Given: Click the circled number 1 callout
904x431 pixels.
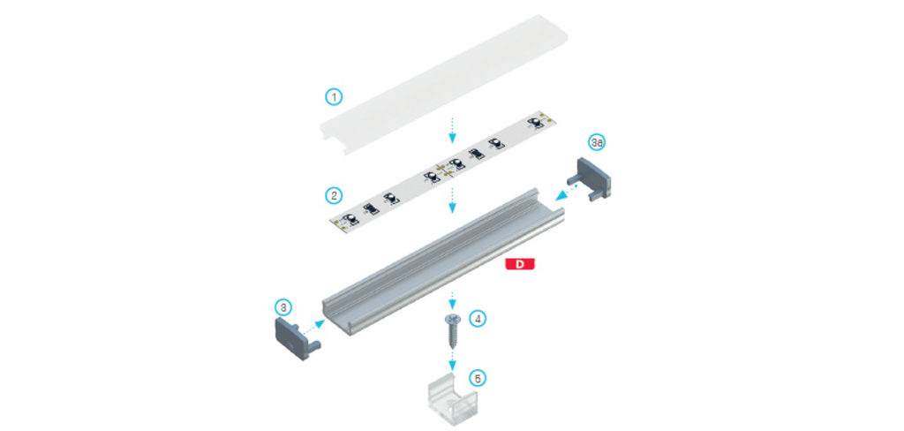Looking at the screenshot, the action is click(x=333, y=97).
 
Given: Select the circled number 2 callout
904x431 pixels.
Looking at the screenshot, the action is click(x=333, y=195).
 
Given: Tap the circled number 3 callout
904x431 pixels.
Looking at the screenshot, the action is click(x=282, y=307).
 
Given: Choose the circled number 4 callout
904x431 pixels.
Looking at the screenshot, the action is click(x=478, y=318).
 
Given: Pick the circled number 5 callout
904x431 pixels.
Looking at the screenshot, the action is click(x=478, y=378).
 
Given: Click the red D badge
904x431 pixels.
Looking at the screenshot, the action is click(x=520, y=264).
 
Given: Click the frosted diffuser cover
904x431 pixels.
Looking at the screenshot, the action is click(x=443, y=85).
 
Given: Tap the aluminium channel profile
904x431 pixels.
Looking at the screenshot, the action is click(x=443, y=261).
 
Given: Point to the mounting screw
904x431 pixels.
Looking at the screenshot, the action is click(x=452, y=332).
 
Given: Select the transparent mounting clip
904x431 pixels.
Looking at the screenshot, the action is click(x=453, y=401).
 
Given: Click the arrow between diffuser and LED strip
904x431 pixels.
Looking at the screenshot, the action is click(x=453, y=130).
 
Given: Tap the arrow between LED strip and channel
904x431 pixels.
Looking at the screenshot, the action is click(x=453, y=200).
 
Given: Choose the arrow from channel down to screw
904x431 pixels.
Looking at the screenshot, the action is click(x=453, y=300).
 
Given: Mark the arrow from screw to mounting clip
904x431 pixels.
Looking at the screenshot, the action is click(x=453, y=360).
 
